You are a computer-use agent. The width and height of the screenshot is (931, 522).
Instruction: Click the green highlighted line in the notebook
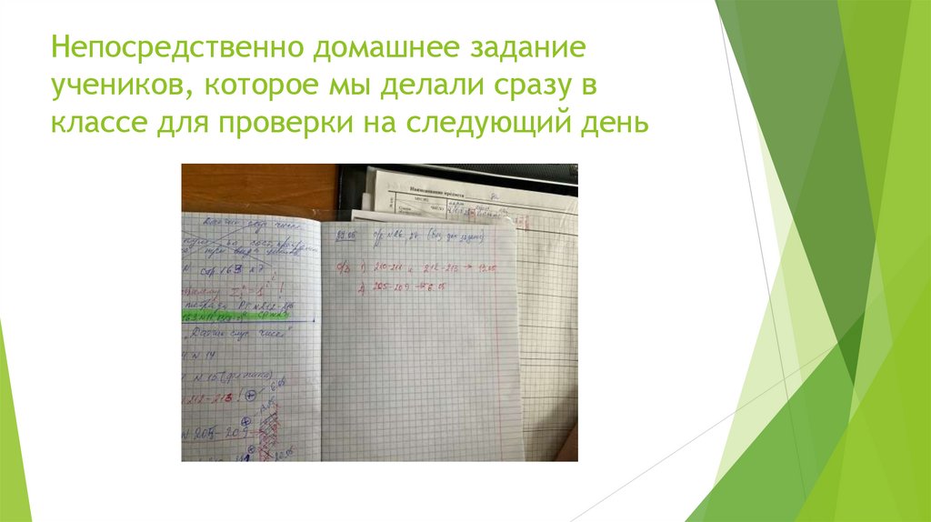click(x=241, y=316)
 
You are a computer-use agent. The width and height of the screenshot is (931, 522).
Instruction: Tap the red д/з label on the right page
click(x=339, y=267)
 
